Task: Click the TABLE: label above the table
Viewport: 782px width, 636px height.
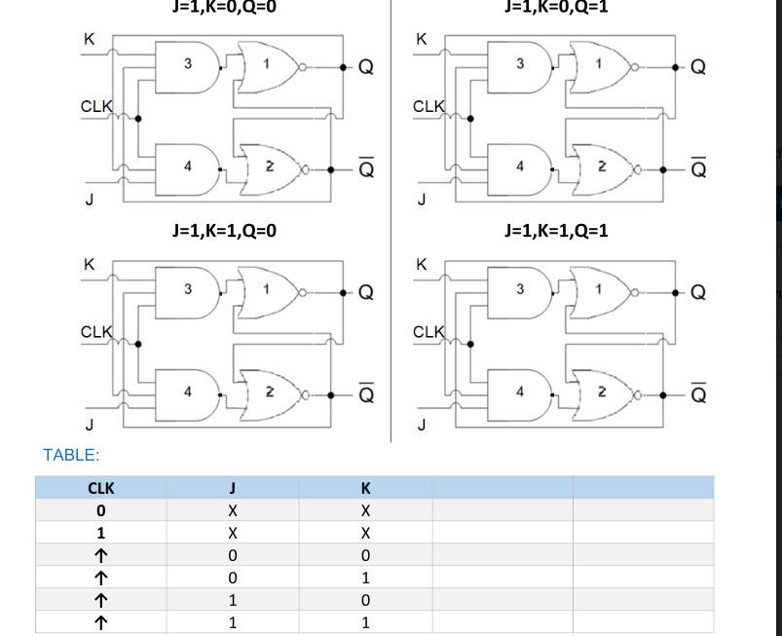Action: (x=71, y=454)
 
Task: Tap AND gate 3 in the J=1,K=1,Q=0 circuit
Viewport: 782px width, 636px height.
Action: (x=187, y=288)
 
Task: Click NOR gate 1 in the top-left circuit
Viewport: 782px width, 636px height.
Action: (x=268, y=65)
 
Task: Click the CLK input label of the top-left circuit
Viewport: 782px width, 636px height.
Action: (x=96, y=104)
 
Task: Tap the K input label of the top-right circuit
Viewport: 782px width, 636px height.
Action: (x=421, y=40)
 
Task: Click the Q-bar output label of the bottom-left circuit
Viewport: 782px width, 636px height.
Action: (x=365, y=394)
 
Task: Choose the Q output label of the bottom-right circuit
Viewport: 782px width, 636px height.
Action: (x=697, y=292)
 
